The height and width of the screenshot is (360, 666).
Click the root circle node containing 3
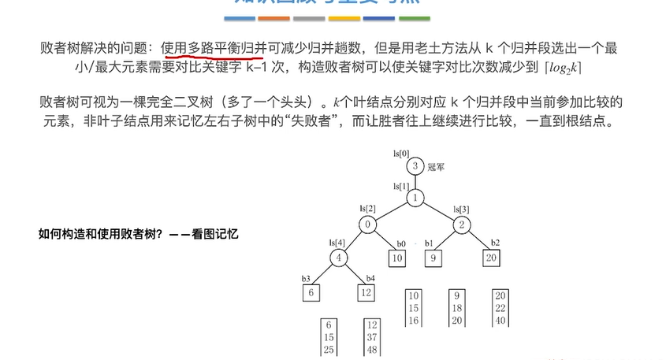[x=415, y=166]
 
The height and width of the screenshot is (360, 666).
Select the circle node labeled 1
[x=415, y=198]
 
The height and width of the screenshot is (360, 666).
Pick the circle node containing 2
[x=462, y=225]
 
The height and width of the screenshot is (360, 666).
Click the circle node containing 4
[x=340, y=258]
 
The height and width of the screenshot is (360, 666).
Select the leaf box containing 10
[x=396, y=258]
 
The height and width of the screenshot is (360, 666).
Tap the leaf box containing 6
[x=311, y=292]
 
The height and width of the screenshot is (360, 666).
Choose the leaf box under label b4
[x=366, y=292]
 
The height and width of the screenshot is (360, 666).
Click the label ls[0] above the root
[x=401, y=151]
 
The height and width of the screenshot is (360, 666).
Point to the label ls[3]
[x=462, y=209]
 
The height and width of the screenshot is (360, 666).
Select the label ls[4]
[x=337, y=242]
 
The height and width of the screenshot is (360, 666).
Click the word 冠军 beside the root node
[x=437, y=167]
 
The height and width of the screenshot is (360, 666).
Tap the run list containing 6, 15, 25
[x=330, y=337]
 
